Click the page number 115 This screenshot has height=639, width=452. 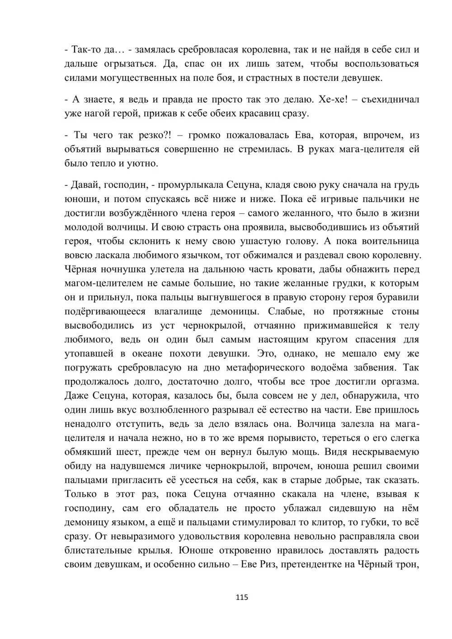point(242,597)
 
